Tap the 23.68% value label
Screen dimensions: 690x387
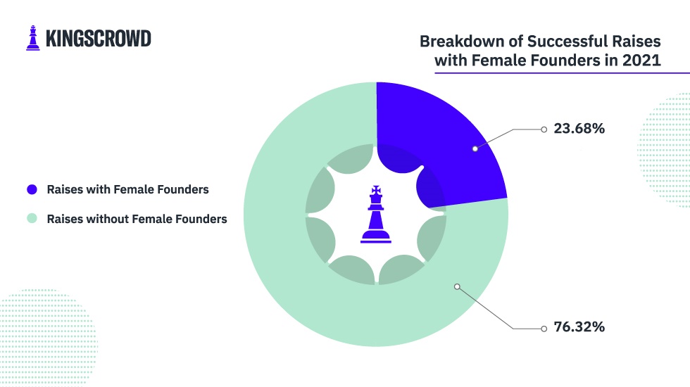coord(579,128)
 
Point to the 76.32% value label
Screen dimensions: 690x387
coord(579,326)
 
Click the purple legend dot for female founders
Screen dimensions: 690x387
coord(32,189)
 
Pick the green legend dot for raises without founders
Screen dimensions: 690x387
coord(32,218)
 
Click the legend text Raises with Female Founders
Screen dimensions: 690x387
coord(127,189)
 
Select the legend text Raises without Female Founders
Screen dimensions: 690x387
coord(137,219)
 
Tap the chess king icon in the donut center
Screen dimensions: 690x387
coord(376,214)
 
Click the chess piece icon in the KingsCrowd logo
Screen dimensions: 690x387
coord(33,38)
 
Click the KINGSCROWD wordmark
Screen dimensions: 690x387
coord(99,39)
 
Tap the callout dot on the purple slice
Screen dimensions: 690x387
coord(475,148)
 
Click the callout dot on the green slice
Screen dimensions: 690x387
coord(457,287)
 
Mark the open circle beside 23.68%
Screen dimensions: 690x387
coord(544,129)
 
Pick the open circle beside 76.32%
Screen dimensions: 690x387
coord(544,329)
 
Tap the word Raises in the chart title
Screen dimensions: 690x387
coord(639,42)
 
